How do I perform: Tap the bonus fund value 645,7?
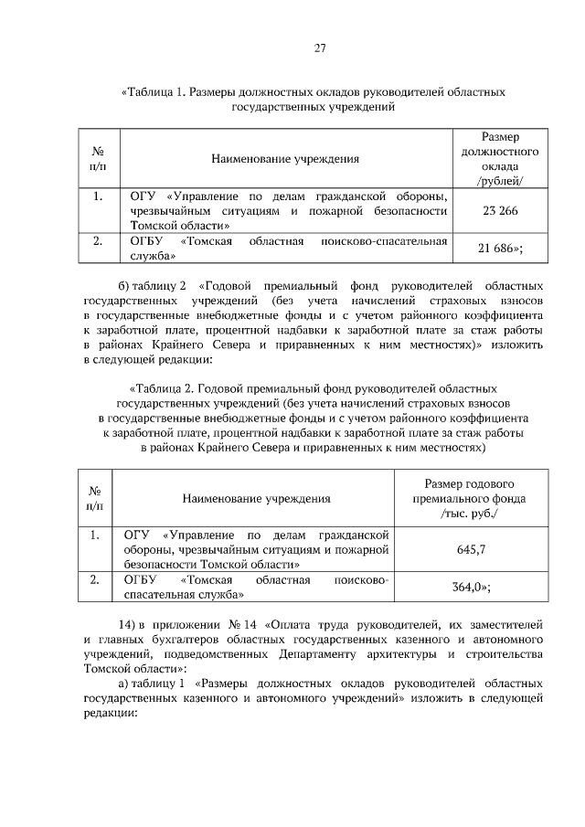pos(470,549)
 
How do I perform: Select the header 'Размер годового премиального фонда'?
pos(471,499)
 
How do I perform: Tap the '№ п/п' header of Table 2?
pos(94,499)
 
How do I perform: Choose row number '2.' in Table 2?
pos(94,580)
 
